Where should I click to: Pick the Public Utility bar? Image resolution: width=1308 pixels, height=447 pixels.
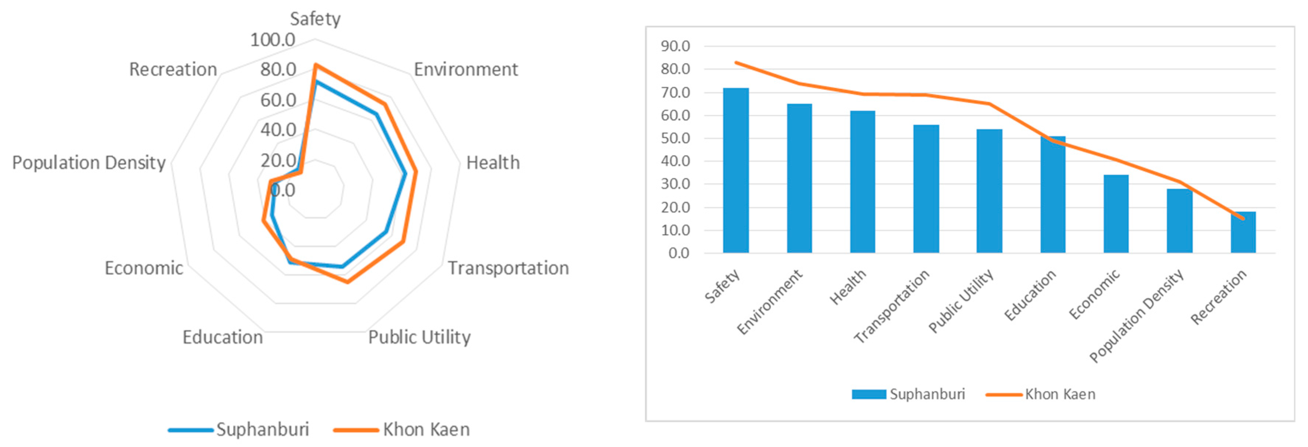(x=989, y=191)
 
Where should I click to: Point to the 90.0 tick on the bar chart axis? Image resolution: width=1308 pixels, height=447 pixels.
(x=675, y=46)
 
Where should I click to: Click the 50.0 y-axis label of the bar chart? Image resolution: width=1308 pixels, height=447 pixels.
(x=675, y=138)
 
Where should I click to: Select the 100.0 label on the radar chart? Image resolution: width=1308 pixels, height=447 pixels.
(x=272, y=40)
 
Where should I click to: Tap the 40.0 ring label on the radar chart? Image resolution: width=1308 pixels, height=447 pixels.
(x=278, y=130)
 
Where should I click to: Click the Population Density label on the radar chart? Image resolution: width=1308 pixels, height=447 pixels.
(x=89, y=162)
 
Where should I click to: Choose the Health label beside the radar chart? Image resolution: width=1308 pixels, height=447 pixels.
(x=493, y=162)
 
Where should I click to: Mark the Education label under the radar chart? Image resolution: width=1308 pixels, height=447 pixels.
(x=222, y=337)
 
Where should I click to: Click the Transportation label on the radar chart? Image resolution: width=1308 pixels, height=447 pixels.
(x=508, y=268)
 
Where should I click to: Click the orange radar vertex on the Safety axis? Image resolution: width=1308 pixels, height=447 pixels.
(x=315, y=65)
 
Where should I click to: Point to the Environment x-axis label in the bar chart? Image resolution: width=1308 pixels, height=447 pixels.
(x=770, y=302)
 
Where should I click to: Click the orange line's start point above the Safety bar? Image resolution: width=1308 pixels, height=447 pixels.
(x=736, y=63)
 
